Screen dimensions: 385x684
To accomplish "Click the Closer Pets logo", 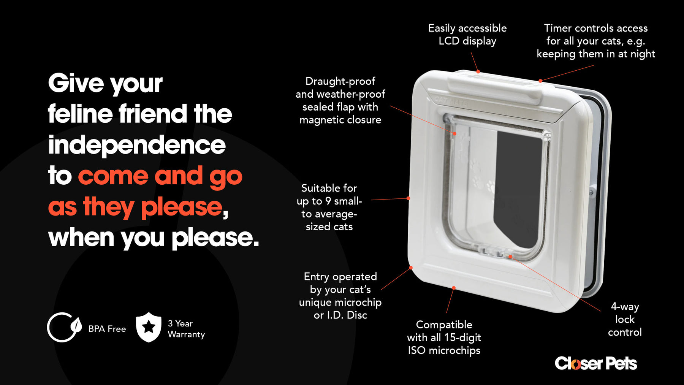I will (x=595, y=363).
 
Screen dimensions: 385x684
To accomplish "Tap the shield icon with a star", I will (x=149, y=327).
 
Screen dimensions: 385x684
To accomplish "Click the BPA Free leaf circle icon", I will (x=63, y=327).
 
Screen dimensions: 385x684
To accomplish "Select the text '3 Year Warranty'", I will (x=186, y=329).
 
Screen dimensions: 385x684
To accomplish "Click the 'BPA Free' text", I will (x=107, y=329).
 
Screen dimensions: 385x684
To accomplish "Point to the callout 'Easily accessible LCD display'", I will (x=467, y=35).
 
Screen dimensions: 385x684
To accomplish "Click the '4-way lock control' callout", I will (x=624, y=319).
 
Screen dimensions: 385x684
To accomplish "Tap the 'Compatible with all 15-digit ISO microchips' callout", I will (x=444, y=337).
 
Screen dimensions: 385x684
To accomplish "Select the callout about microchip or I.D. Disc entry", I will (x=340, y=296).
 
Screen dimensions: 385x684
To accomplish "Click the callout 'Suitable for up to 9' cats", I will (x=329, y=208).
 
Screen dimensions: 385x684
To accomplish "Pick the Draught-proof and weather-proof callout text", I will (x=340, y=100).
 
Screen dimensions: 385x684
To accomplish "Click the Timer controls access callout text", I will (x=595, y=41).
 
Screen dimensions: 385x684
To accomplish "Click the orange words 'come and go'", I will (x=160, y=176).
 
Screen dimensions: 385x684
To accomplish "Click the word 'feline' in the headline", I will (x=80, y=114).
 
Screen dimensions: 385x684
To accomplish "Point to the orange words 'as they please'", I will (x=135, y=207).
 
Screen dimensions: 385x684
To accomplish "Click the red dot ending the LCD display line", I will (x=478, y=71).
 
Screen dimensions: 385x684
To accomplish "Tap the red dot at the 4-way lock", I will (x=510, y=257).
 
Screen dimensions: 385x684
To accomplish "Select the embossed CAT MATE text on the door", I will (x=451, y=102).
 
